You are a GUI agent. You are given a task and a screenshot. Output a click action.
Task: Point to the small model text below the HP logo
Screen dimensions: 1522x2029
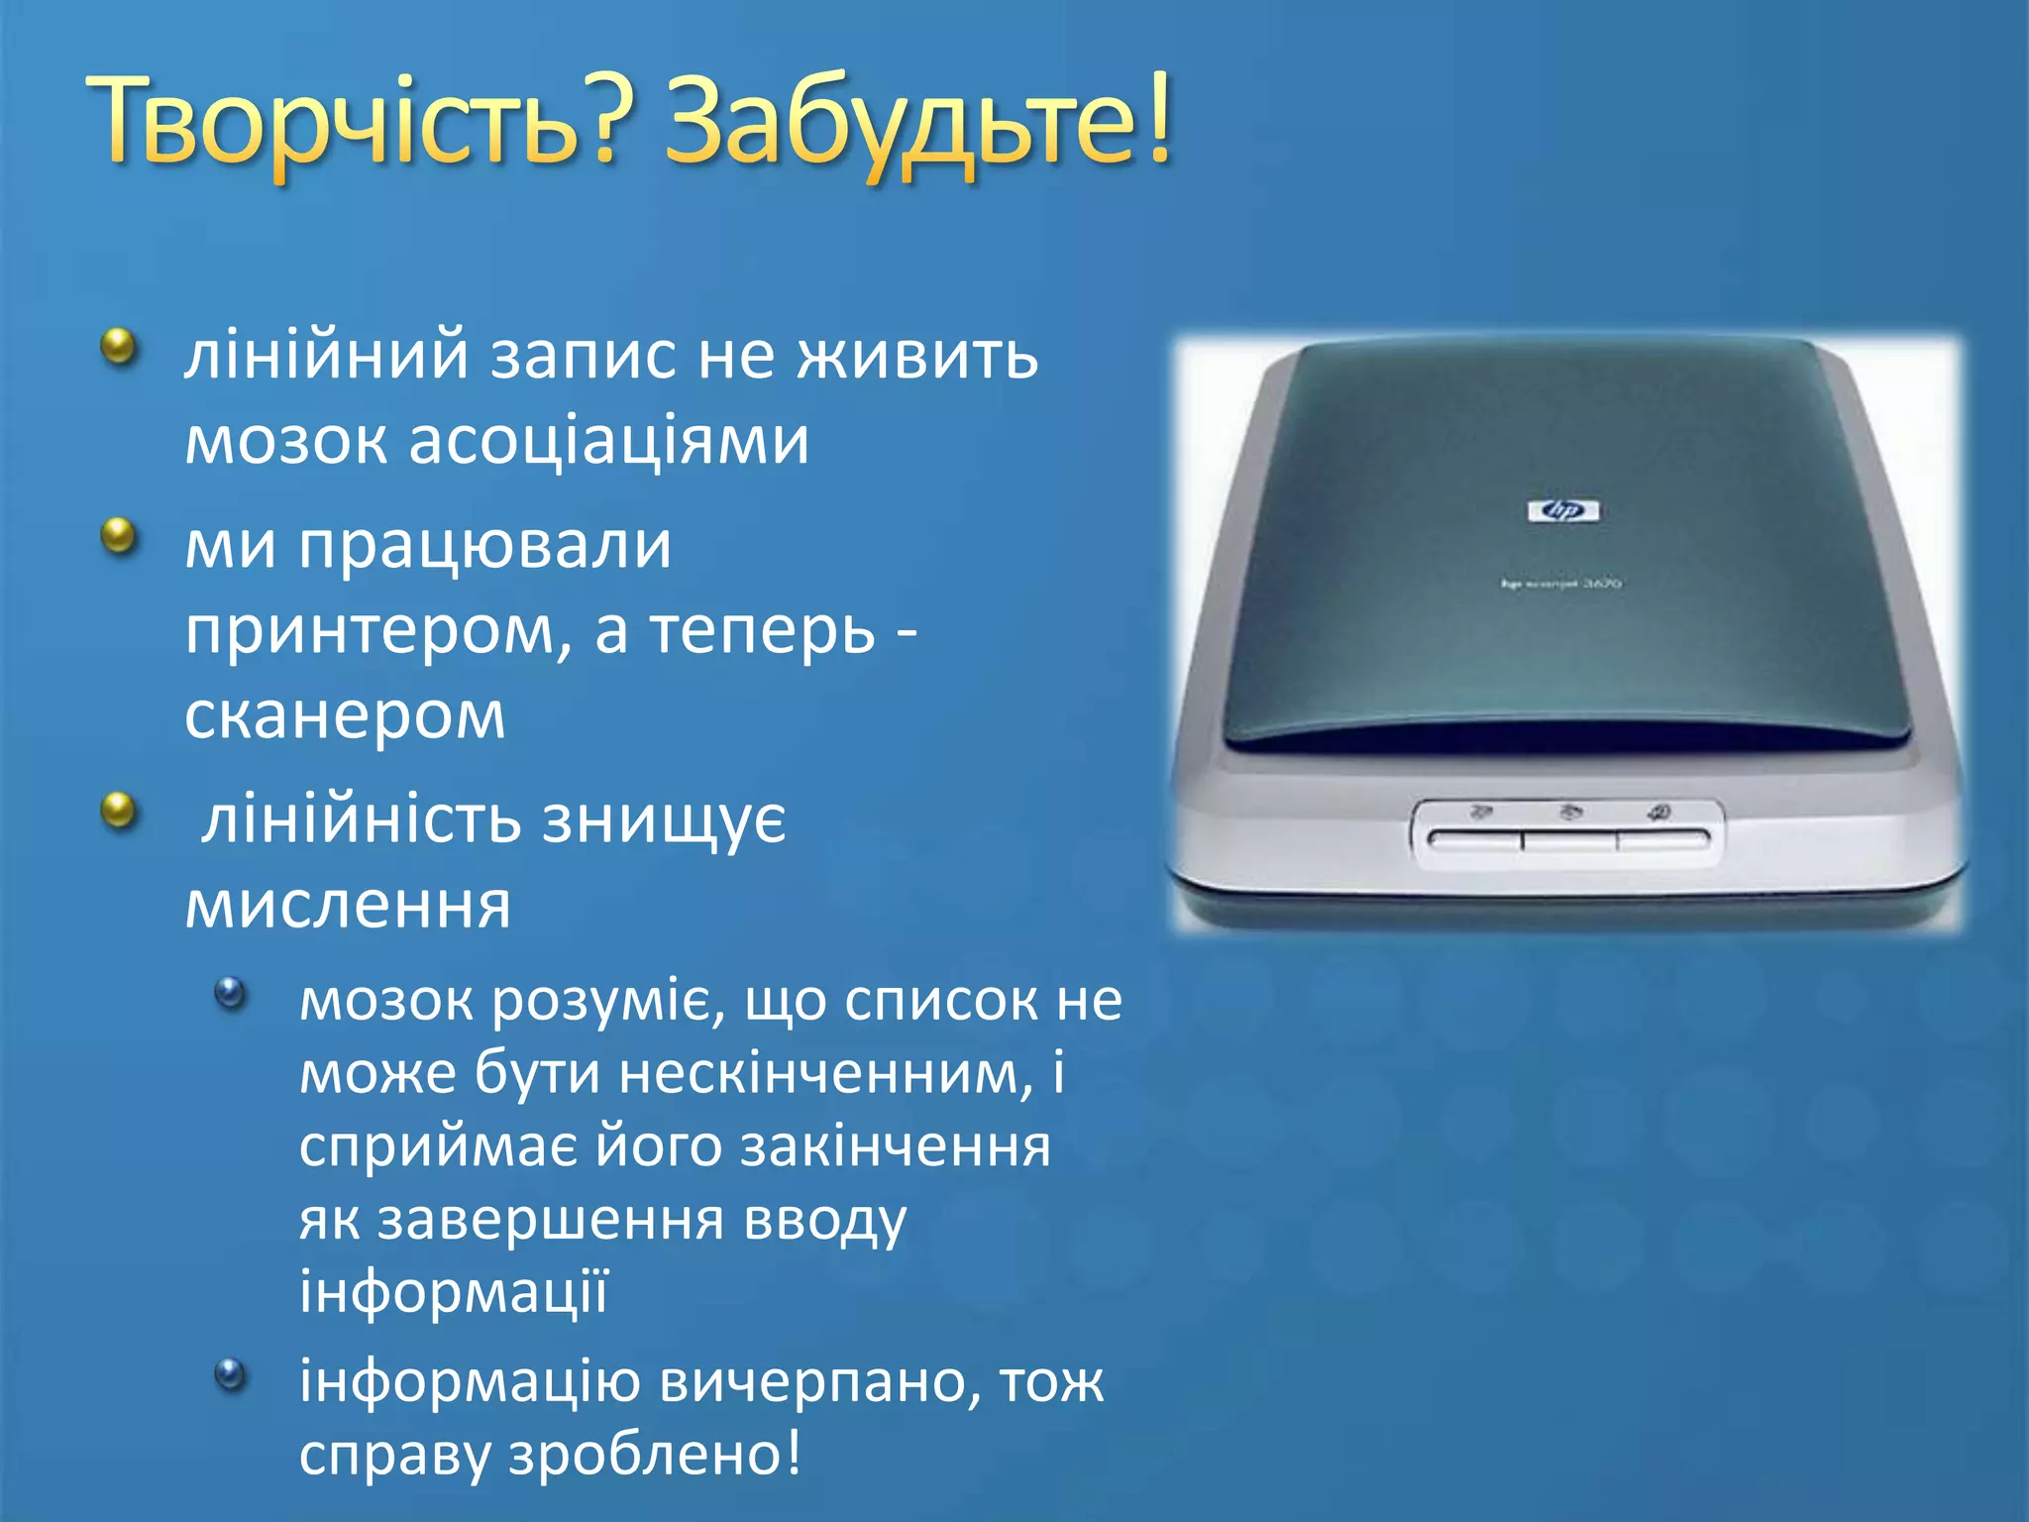tap(1562, 584)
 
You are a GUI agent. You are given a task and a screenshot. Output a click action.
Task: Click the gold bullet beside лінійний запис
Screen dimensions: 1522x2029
tap(120, 348)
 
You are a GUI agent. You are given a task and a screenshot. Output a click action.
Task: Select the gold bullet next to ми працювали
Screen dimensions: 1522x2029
tap(120, 537)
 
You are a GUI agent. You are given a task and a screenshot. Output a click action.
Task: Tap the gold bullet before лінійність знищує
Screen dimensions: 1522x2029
tap(120, 812)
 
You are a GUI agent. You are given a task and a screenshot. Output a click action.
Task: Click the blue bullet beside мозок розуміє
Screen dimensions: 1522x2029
tap(230, 993)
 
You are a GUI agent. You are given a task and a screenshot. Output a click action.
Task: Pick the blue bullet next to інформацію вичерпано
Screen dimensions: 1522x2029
tap(230, 1374)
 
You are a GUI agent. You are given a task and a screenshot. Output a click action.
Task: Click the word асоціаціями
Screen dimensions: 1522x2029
tap(608, 440)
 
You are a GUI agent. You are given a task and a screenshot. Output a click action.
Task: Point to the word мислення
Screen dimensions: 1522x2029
tap(348, 904)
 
